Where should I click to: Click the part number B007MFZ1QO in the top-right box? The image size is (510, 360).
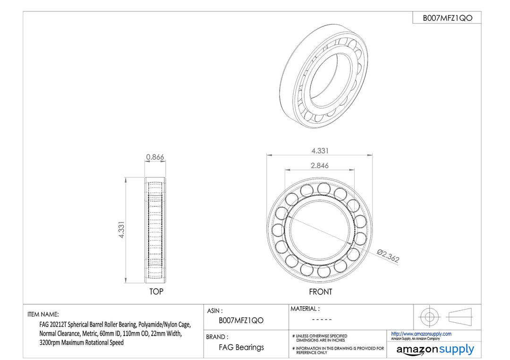click(447, 18)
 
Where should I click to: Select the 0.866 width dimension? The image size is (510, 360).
click(155, 157)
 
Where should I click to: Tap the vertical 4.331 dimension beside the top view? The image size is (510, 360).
click(121, 230)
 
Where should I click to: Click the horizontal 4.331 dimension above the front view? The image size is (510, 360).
click(320, 151)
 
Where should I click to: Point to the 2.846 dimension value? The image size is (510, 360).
click(320, 166)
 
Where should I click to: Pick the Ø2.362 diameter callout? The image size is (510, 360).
click(388, 255)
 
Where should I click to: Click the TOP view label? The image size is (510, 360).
click(156, 292)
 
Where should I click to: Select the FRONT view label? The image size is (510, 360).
click(320, 292)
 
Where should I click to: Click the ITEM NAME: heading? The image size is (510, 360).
click(43, 315)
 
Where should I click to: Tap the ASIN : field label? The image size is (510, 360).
click(215, 311)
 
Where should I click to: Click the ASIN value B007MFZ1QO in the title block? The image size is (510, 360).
click(241, 321)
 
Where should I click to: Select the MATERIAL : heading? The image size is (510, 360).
click(305, 309)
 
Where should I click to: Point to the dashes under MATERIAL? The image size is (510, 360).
click(322, 320)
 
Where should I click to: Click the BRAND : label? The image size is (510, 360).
click(217, 337)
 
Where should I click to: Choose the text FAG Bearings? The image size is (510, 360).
click(241, 347)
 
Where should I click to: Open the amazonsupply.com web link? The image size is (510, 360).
click(421, 334)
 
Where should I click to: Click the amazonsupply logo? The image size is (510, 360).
click(435, 350)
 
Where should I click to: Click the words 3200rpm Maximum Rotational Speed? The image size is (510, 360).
click(82, 343)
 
